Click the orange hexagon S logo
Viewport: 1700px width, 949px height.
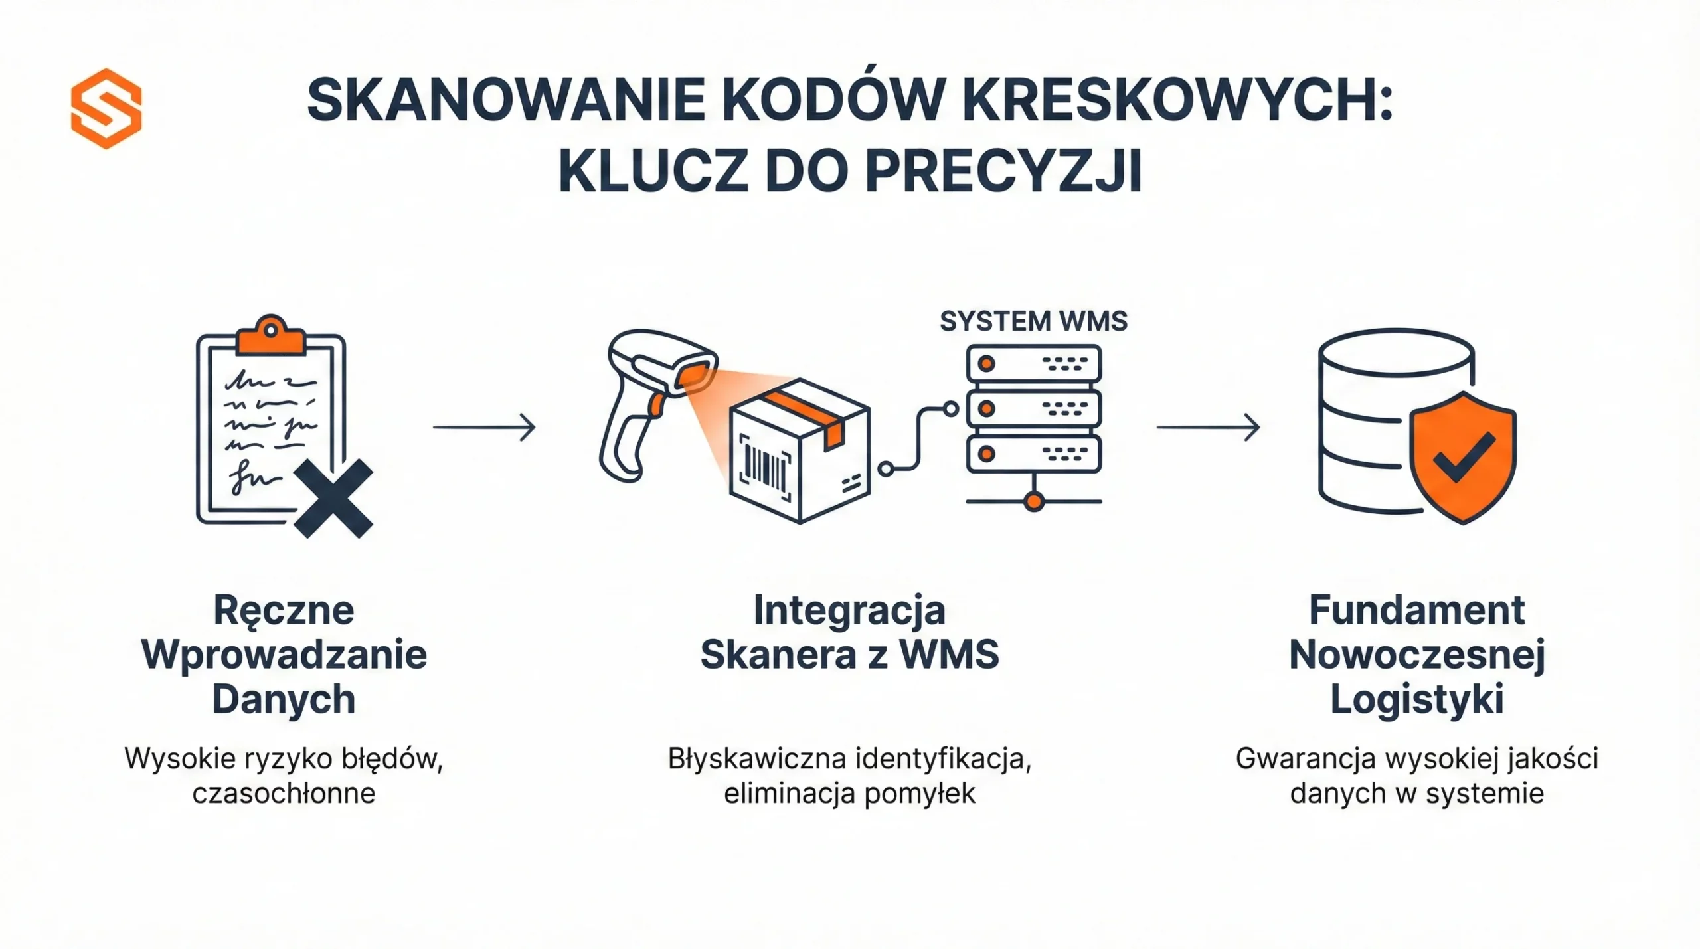click(x=106, y=108)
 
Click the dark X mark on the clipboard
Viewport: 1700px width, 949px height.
click(x=333, y=498)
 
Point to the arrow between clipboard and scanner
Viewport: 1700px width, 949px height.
click(x=484, y=427)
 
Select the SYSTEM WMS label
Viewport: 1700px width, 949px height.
click(x=1033, y=321)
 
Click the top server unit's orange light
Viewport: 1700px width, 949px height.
click(x=987, y=363)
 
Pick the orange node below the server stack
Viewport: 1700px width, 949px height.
click(x=1033, y=501)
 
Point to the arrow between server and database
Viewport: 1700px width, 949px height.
click(x=1208, y=427)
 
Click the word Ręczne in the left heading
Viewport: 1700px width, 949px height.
click(x=284, y=610)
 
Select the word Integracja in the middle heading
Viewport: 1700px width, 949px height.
click(x=849, y=610)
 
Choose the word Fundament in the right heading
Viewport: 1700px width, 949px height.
click(x=1416, y=610)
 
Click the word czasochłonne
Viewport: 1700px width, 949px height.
click(x=284, y=793)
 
